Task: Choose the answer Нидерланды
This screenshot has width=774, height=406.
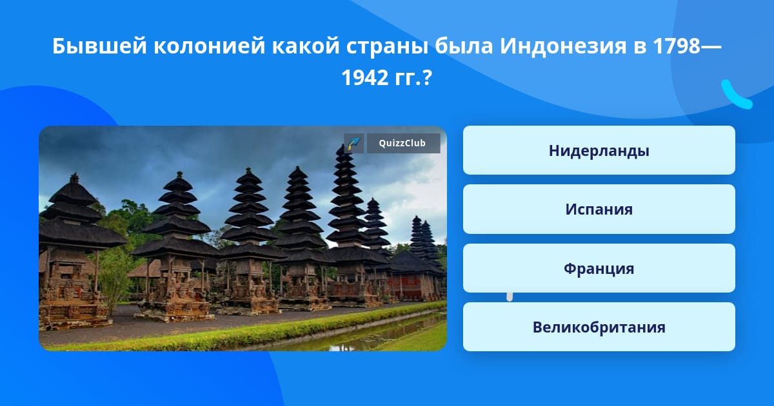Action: point(599,150)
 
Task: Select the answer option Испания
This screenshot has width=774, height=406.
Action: point(599,209)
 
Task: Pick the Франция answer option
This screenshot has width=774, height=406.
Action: point(599,268)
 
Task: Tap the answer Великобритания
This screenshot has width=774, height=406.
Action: point(599,327)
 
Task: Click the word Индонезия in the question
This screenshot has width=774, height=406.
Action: point(563,46)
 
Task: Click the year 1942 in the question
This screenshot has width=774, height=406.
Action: point(364,77)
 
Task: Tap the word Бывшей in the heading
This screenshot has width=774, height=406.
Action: point(100,46)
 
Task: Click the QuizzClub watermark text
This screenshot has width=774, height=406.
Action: point(402,143)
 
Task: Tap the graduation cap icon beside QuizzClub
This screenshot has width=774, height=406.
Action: point(353,143)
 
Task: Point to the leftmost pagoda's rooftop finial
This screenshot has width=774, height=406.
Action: point(74,178)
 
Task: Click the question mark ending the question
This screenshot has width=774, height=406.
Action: point(427,77)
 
